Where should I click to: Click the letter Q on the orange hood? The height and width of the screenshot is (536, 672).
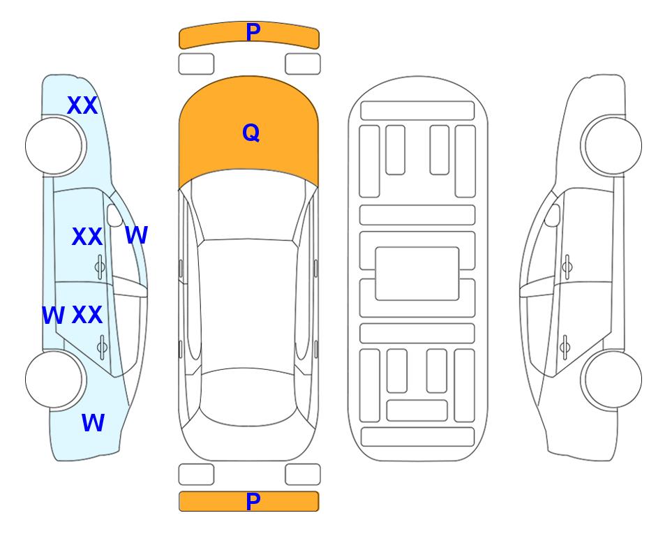click(251, 133)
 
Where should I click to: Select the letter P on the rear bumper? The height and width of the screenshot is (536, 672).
click(253, 501)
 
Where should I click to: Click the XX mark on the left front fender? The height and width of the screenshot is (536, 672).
click(82, 105)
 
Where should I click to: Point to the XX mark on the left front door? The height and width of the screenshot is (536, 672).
click(87, 237)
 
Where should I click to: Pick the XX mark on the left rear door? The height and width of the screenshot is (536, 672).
click(87, 315)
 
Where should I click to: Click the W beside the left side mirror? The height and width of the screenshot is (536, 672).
click(137, 235)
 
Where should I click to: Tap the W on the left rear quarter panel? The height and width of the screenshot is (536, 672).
click(93, 423)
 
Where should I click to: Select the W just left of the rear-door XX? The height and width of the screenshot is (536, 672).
click(53, 315)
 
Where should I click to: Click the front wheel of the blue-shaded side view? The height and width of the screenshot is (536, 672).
click(54, 146)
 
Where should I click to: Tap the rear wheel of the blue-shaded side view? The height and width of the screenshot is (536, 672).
click(54, 379)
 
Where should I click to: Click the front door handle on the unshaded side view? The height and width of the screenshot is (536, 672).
click(567, 267)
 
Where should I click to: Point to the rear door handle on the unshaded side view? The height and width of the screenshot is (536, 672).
click(565, 347)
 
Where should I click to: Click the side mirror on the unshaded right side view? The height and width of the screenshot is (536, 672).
click(553, 216)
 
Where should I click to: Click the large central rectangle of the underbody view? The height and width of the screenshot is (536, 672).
click(417, 274)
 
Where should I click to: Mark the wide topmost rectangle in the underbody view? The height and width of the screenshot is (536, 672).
click(417, 111)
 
